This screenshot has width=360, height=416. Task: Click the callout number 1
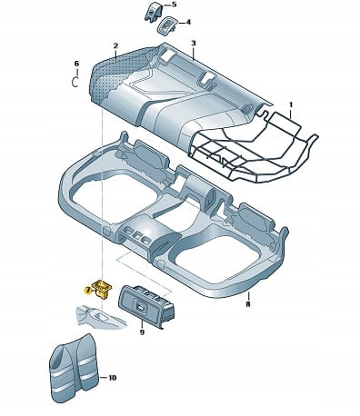point(291,104)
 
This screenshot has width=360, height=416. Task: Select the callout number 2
point(115,45)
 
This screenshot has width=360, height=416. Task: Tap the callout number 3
point(194,44)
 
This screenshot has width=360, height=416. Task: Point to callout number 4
point(188,22)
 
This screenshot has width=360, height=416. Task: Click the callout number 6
point(76,64)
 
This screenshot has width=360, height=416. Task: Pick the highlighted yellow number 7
point(87,291)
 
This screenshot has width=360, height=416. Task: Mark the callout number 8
point(248,304)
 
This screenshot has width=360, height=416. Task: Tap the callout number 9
point(142,332)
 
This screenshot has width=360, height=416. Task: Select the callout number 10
point(112,378)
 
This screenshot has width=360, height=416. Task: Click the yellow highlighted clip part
point(102,288)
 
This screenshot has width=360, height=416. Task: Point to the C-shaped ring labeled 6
point(73,82)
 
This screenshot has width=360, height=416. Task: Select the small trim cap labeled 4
point(166,26)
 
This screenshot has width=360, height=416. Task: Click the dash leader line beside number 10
point(104,378)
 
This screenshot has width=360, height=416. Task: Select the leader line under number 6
point(77,73)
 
